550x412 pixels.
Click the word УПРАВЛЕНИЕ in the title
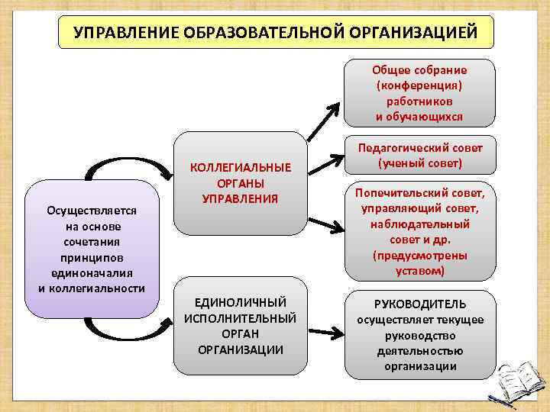[121, 34]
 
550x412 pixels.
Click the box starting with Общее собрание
[419, 92]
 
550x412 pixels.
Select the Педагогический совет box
[419, 156]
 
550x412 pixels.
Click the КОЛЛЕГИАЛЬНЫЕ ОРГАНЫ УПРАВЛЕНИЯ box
[240, 183]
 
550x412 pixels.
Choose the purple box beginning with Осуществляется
[92, 249]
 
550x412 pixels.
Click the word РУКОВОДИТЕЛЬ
[419, 304]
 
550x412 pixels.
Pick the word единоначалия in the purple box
[92, 274]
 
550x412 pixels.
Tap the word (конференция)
[419, 85]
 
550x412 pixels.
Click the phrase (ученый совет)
[419, 163]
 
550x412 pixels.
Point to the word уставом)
[419, 271]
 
